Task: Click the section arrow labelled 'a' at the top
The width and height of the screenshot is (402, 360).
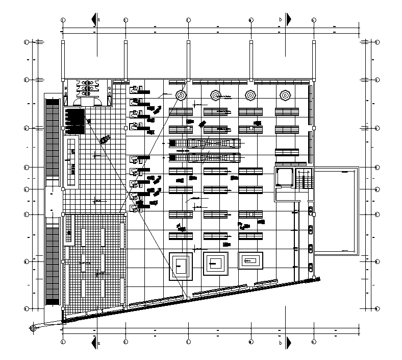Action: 94,20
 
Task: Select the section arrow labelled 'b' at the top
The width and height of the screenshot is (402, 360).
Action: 288,20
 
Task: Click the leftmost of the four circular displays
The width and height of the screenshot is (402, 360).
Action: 181,95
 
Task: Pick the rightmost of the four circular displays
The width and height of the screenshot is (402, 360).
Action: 285,95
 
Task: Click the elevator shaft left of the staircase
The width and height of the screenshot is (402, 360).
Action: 283,177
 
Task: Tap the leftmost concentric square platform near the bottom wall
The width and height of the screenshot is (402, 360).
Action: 181,265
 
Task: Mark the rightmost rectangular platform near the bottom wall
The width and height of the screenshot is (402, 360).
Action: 250,260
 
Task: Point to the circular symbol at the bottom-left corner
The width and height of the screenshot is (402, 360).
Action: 33,328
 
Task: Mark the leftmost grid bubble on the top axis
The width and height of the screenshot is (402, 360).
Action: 63,20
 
